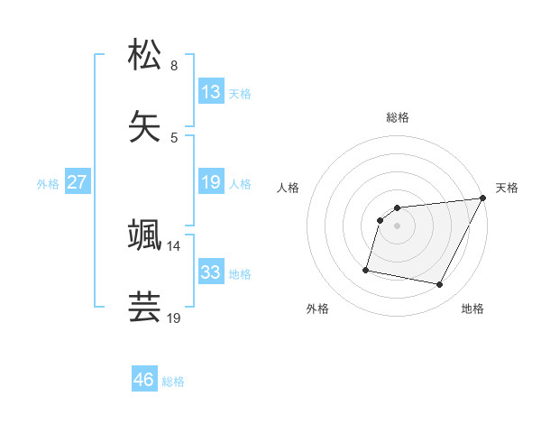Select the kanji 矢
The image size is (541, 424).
[x=145, y=124]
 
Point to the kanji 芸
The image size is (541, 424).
[x=145, y=306]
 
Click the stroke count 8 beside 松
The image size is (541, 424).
[x=174, y=65]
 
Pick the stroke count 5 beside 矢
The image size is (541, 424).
[x=174, y=137]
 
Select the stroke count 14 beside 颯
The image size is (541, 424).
[x=174, y=245]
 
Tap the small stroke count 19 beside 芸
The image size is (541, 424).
[x=174, y=318]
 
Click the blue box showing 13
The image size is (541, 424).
[x=211, y=92]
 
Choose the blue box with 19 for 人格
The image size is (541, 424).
[x=211, y=182]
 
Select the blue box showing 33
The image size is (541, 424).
[x=211, y=272]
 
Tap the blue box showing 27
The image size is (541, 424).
[x=78, y=182]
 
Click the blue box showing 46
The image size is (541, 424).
[x=144, y=380]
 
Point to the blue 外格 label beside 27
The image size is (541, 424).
[x=48, y=184]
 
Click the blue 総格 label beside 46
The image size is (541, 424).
[x=173, y=382]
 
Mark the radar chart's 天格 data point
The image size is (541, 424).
[x=482, y=198]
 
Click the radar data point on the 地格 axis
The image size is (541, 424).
[x=440, y=285]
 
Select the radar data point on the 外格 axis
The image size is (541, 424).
[x=366, y=269]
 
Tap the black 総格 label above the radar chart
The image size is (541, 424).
[x=398, y=117]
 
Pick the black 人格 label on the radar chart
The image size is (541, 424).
[x=289, y=188]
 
